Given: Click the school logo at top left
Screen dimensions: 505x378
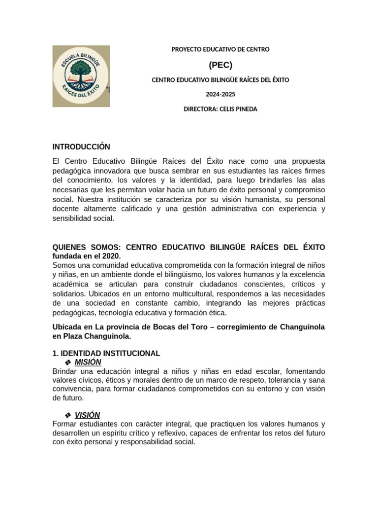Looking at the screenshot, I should (81, 76).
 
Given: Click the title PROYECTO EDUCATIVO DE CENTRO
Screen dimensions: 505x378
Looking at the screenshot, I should (220, 49).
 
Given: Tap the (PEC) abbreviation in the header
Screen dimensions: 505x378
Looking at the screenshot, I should (220, 65).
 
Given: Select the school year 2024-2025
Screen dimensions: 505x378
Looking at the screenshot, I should (220, 94).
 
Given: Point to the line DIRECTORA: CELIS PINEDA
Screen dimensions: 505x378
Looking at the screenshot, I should (220, 109).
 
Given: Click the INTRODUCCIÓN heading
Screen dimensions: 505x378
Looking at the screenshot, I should (81, 147).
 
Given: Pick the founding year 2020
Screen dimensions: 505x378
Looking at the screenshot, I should (111, 256).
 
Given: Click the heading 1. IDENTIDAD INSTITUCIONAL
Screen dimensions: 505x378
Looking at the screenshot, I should (106, 353).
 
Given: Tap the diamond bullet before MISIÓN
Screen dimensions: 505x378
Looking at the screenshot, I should (68, 362).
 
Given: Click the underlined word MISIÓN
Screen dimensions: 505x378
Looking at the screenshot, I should (88, 362).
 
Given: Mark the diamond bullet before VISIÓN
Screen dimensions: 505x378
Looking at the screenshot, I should (68, 415).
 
